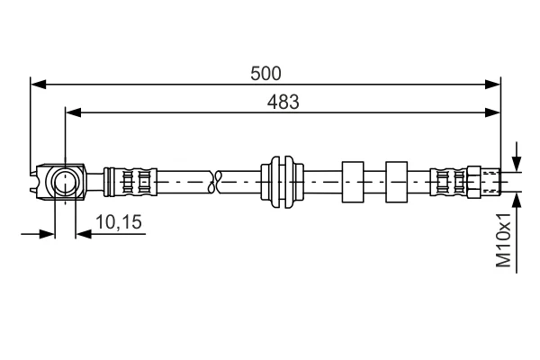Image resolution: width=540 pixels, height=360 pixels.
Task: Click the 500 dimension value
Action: pyautogui.click(x=265, y=74)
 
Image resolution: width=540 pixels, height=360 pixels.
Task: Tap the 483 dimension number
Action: pyautogui.click(x=283, y=102)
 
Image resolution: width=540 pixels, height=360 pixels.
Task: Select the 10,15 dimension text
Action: pyautogui.click(x=119, y=222)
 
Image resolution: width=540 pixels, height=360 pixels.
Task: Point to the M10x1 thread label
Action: pyautogui.click(x=503, y=239)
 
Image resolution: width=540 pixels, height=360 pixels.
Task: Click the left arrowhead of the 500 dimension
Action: pyautogui.click(x=38, y=84)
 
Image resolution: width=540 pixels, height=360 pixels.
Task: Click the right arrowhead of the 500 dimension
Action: pyautogui.click(x=492, y=84)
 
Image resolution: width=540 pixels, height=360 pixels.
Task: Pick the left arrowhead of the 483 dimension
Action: pyautogui.click(x=74, y=112)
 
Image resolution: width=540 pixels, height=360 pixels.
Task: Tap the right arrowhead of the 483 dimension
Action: pyautogui.click(x=492, y=112)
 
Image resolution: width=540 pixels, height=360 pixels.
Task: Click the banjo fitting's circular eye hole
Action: pyautogui.click(x=65, y=181)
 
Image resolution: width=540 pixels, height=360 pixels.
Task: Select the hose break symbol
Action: pyautogui.click(x=216, y=182)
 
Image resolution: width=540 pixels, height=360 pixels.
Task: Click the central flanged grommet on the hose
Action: pyautogui.click(x=282, y=182)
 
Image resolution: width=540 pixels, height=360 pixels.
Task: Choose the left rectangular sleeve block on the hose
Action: pyautogui.click(x=353, y=182)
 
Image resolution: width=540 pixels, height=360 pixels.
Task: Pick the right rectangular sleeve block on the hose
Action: pyautogui.click(x=396, y=182)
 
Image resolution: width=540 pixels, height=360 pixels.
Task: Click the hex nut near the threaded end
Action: pyautogui.click(x=473, y=182)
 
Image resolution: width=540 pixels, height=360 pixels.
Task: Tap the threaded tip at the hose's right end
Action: pyautogui.click(x=490, y=182)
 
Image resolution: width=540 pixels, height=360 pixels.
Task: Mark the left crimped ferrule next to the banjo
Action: pyautogui.click(x=130, y=182)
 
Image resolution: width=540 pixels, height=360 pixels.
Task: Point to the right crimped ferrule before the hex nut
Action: pyautogui.click(x=448, y=182)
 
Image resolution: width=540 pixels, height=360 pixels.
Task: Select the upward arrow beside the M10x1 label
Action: pyautogui.click(x=517, y=233)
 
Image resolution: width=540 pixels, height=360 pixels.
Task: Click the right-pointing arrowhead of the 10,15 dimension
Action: pyautogui.click(x=47, y=234)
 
